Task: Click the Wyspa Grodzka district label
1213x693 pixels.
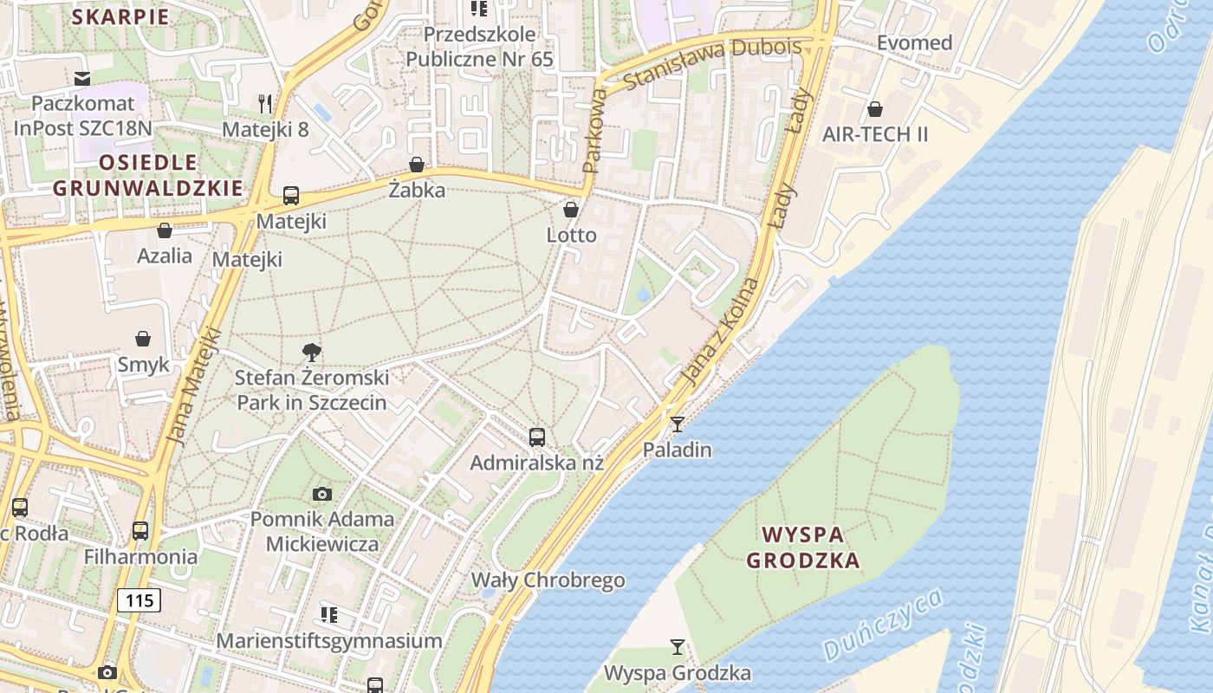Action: pos(803,547)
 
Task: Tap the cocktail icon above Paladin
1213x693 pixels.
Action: pos(677,424)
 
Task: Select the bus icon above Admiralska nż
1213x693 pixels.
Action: pos(537,437)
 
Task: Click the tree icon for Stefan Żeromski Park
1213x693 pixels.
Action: pos(311,352)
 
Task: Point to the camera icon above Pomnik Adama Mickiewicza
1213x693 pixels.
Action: pos(322,494)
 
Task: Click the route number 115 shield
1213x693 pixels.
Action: pos(139,599)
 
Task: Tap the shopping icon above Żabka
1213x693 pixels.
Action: pos(417,165)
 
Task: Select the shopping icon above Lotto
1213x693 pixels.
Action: pos(571,210)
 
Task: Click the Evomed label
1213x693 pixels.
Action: pos(914,42)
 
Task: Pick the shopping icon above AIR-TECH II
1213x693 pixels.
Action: pos(875,109)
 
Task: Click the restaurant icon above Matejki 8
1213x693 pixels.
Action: pos(265,104)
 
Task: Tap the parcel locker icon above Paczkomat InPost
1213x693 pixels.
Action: pos(82,79)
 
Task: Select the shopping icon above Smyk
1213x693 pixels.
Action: pos(143,339)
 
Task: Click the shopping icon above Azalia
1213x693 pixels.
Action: pos(165,230)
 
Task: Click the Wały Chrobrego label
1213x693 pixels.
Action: pos(548,580)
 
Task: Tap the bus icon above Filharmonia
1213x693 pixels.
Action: pos(140,530)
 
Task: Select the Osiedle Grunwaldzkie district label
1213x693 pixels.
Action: pos(147,175)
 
